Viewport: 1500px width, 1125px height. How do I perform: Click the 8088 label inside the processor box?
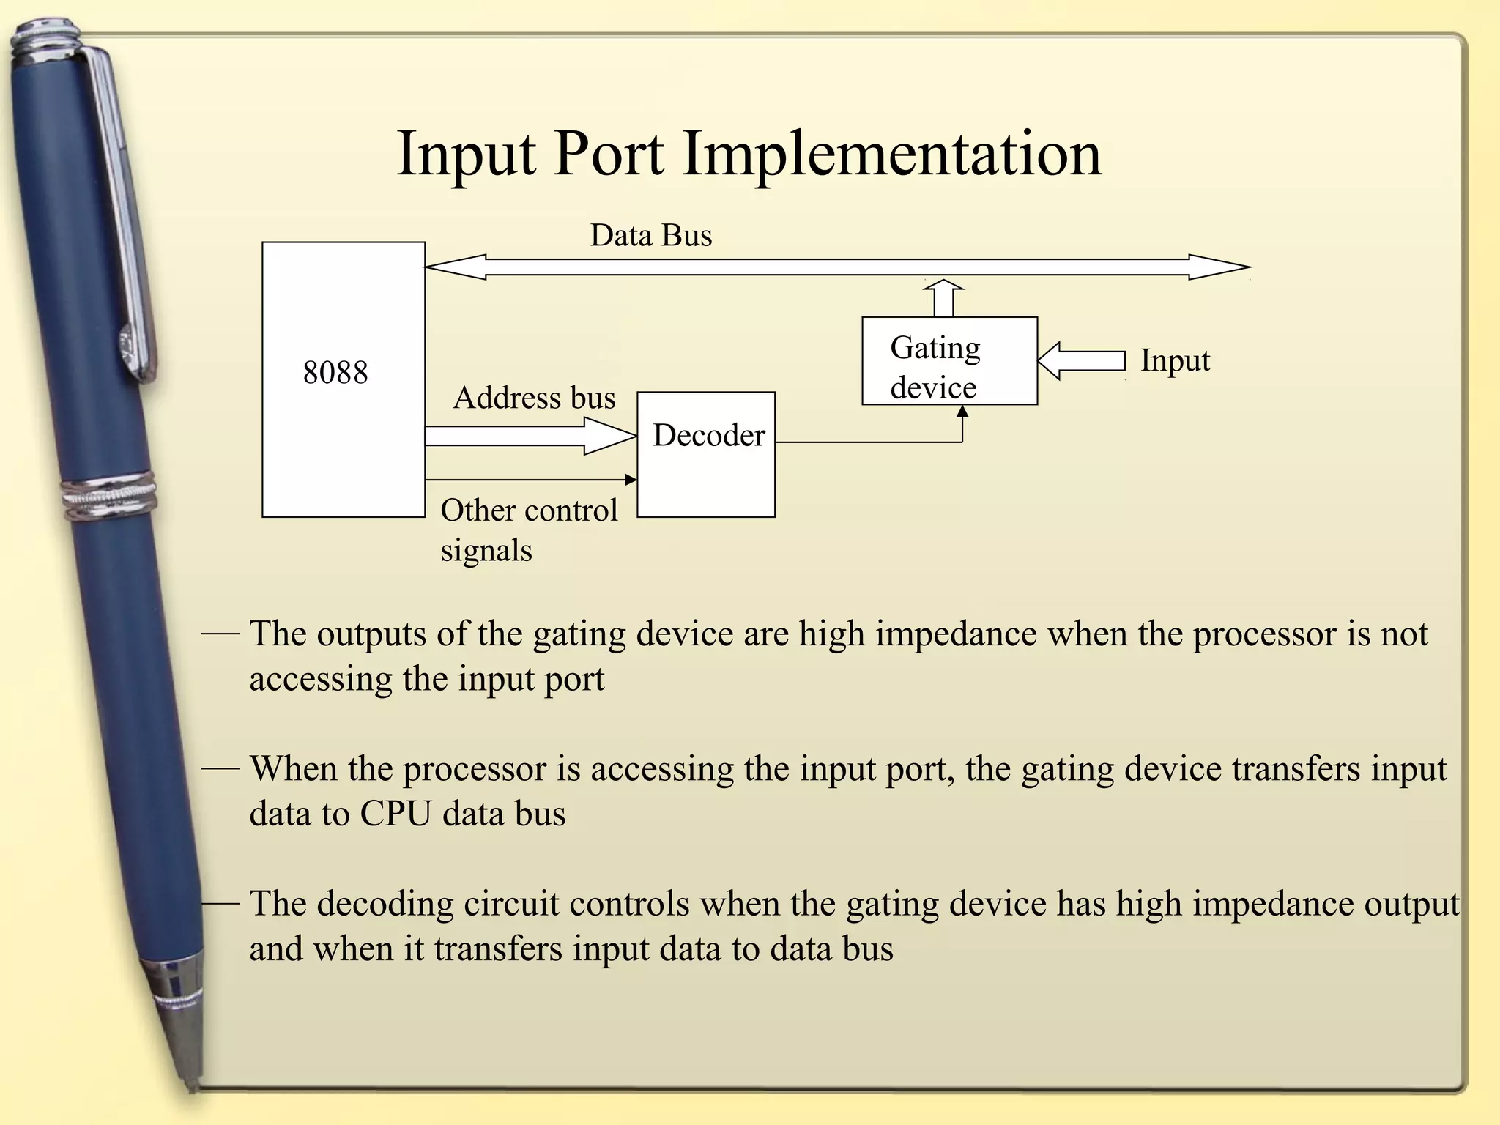(335, 372)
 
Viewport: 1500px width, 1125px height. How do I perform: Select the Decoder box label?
(708, 435)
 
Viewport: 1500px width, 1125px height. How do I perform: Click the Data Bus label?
(650, 235)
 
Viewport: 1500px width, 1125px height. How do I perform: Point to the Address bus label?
(534, 398)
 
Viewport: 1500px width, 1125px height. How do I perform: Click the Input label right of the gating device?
(1174, 360)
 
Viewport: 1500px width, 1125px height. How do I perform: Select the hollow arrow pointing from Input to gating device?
(1081, 361)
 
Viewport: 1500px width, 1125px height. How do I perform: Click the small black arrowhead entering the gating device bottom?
(962, 412)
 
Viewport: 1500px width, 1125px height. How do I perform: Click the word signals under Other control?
(486, 551)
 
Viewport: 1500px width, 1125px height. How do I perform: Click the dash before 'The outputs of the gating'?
(220, 633)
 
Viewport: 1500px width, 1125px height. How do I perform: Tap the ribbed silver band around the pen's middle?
(110, 497)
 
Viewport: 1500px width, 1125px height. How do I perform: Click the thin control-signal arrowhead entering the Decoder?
(631, 480)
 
